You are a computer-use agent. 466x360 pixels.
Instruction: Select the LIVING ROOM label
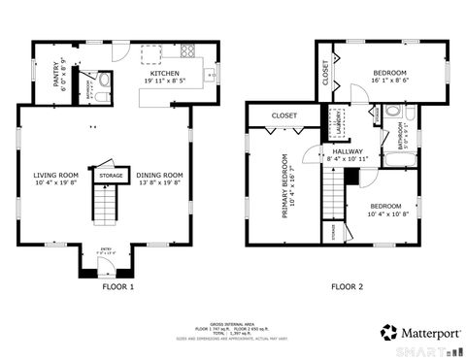click(55, 177)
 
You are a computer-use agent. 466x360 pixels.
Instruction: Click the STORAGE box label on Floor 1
click(111, 176)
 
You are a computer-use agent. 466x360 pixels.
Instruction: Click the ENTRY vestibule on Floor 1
click(107, 258)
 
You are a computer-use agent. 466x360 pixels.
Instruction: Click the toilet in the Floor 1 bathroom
click(104, 82)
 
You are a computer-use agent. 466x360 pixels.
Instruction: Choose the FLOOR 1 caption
click(118, 286)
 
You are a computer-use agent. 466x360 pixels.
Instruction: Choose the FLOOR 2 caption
click(347, 286)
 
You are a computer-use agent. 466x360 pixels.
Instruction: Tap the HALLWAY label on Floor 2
click(347, 152)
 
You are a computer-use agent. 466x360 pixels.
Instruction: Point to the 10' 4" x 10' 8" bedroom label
click(384, 210)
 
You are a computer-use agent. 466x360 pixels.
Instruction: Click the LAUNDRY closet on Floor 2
click(339, 123)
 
